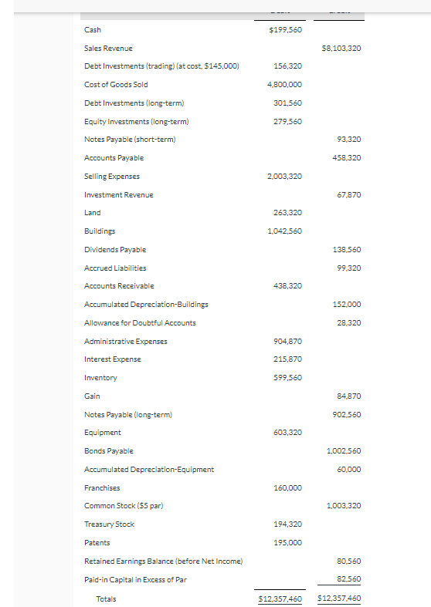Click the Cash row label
tap(92, 30)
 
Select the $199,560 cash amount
tap(285, 30)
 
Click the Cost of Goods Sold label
tap(116, 85)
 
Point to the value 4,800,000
tap(287, 85)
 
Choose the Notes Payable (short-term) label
tap(130, 140)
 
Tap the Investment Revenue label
tap(118, 195)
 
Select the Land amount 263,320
tap(287, 213)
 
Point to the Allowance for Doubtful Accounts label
tap(140, 323)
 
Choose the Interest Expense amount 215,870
tap(287, 359)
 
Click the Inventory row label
tap(100, 378)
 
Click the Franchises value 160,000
tap(287, 487)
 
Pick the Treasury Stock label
tap(109, 524)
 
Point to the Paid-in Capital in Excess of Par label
tap(136, 579)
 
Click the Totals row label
tap(105, 599)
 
